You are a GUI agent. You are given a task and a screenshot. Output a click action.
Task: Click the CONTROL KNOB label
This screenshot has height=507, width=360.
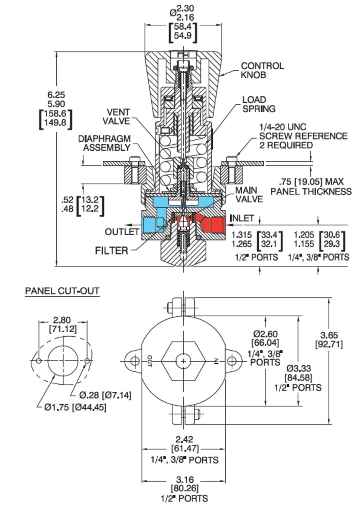(262, 70)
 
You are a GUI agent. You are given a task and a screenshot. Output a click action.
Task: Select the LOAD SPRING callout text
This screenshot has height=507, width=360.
(259, 104)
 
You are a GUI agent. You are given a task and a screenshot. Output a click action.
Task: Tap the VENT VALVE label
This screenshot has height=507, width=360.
(117, 117)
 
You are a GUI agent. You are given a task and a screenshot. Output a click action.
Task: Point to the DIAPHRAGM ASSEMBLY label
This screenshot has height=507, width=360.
(104, 143)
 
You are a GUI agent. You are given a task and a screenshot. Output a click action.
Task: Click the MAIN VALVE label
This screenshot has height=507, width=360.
(249, 195)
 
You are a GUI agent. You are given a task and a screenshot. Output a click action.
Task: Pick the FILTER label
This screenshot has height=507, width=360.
(111, 251)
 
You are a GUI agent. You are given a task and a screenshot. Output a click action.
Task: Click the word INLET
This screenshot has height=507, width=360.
(242, 218)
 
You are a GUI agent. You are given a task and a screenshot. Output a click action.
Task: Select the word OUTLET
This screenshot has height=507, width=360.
(122, 232)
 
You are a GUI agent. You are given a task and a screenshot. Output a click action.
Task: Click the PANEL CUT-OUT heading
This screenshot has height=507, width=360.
(62, 291)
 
